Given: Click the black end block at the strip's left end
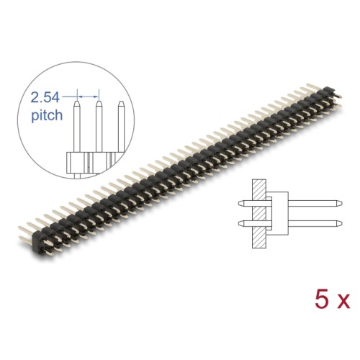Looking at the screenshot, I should click(36, 241).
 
